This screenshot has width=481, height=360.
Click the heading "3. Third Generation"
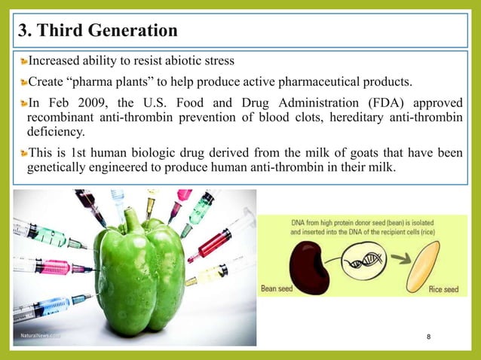(97, 31)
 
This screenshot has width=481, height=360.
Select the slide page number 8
(428, 336)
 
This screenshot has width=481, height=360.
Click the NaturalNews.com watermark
(40, 335)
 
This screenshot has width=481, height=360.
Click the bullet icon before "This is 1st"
(23, 153)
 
